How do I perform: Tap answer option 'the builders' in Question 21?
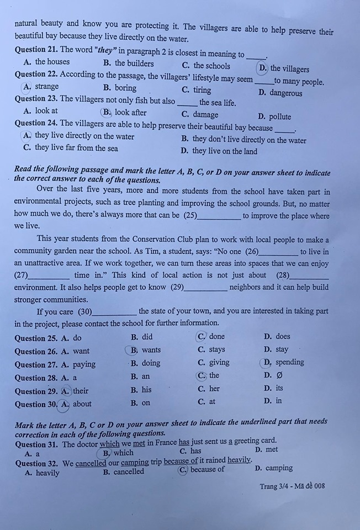[x=134, y=63]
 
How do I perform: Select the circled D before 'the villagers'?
[x=263, y=68]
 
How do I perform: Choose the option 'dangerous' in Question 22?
[x=285, y=93]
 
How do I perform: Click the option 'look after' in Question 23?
[x=131, y=113]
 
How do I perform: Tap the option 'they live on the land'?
[x=224, y=151]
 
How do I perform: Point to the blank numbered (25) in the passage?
[x=219, y=216]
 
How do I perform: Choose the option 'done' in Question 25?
[x=216, y=336]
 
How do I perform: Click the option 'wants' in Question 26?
[x=151, y=349]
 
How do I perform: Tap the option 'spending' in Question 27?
[x=289, y=362]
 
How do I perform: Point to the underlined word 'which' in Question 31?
[x=109, y=443]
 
